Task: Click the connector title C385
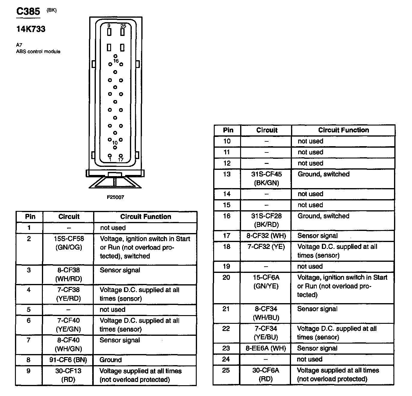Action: (x=28, y=11)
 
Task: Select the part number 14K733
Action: (x=31, y=29)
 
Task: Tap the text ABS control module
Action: (x=38, y=52)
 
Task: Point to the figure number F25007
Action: (x=115, y=197)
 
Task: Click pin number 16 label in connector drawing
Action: (x=116, y=61)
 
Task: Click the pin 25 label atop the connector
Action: (x=123, y=26)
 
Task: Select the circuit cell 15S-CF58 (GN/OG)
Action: (x=69, y=243)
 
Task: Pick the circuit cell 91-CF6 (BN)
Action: (x=68, y=360)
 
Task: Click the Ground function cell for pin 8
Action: (x=110, y=360)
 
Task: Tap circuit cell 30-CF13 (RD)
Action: (x=68, y=375)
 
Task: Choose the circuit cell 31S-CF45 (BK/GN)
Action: (x=266, y=179)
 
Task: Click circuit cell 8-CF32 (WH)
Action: (x=266, y=236)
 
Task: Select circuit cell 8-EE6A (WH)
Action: (x=266, y=348)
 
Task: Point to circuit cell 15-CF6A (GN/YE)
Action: (x=266, y=282)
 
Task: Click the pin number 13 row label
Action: (x=227, y=174)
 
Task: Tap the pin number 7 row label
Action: (x=29, y=340)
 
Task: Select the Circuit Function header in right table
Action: (x=343, y=130)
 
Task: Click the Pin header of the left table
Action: (x=30, y=217)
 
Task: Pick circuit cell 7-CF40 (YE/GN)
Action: (x=69, y=325)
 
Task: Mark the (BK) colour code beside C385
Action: (x=51, y=10)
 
